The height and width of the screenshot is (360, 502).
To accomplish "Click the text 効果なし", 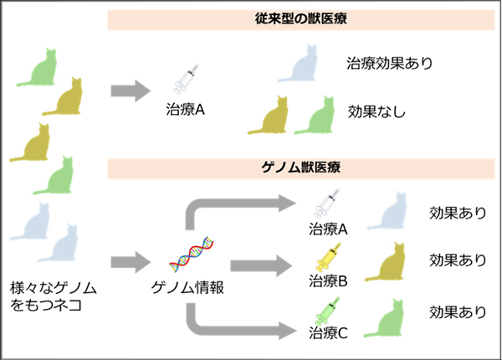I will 377,111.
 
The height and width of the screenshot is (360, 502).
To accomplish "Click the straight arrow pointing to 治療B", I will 255,265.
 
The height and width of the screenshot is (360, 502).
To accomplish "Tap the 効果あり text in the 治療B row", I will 457,260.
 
